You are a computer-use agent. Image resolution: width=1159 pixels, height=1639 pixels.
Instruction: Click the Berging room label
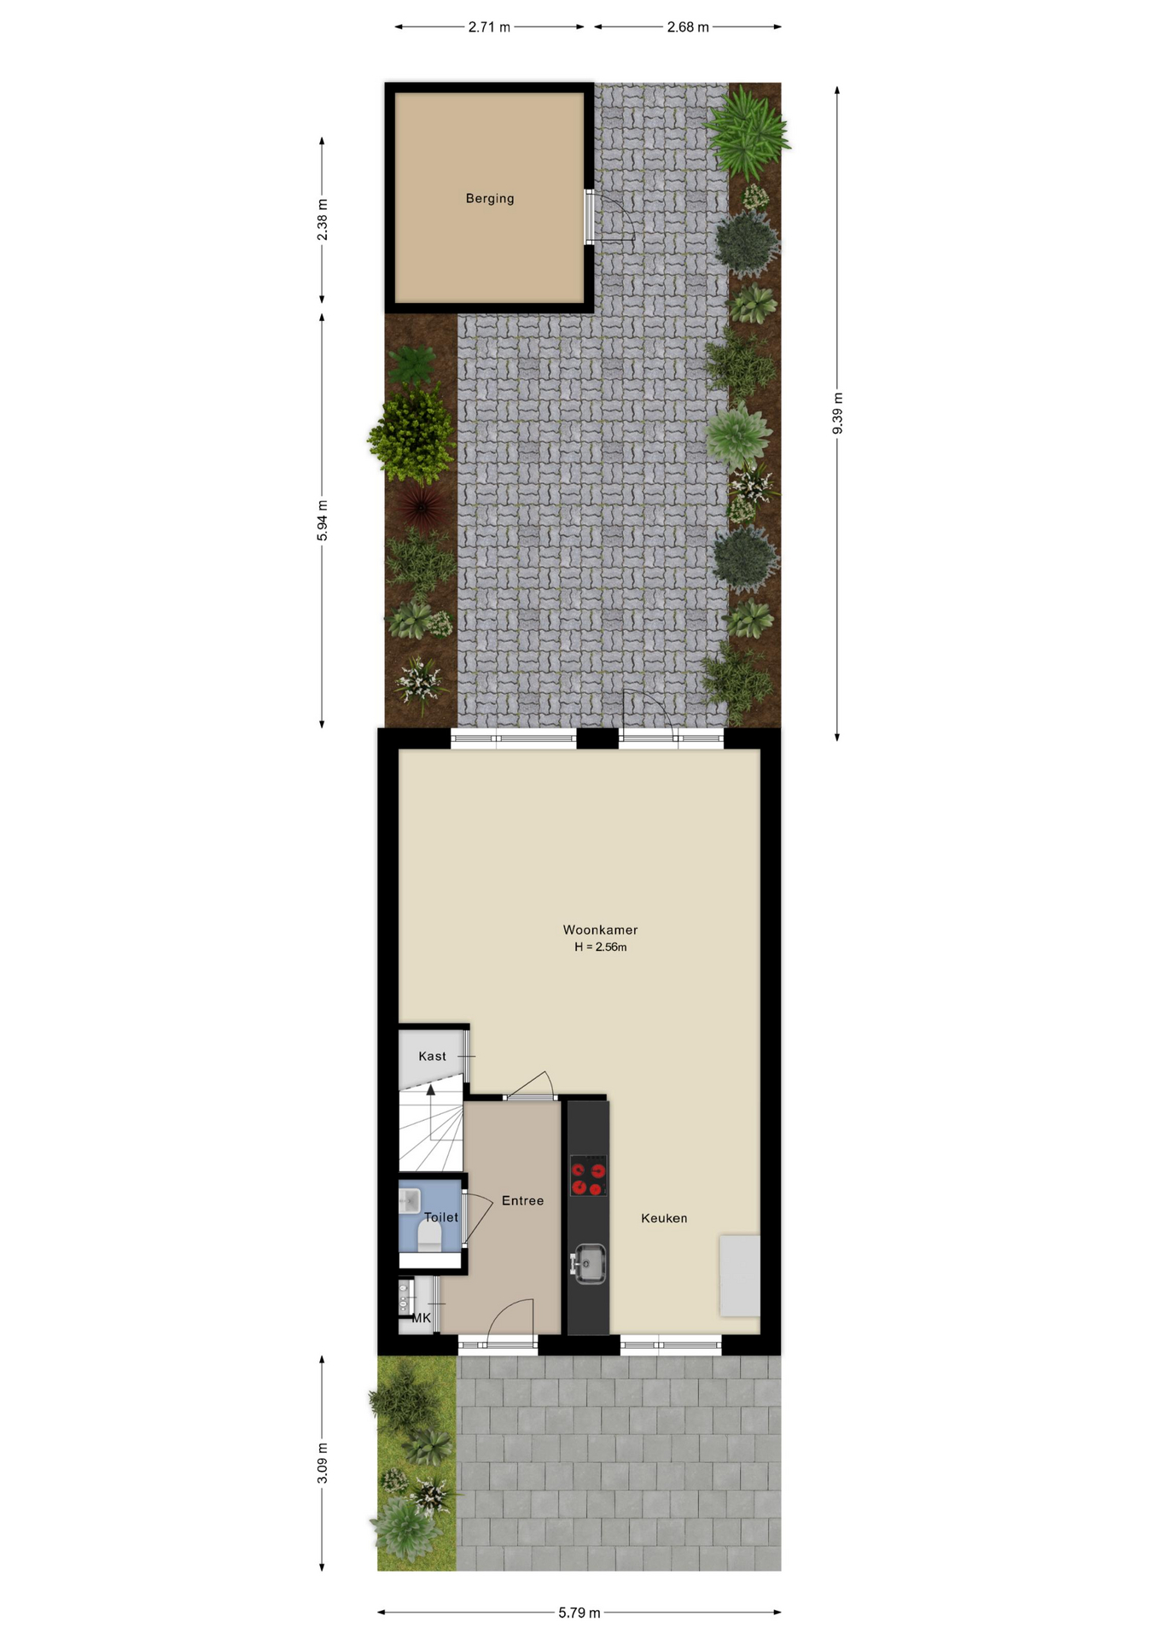490,199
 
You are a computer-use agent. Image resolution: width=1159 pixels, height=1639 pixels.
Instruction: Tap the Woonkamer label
600,930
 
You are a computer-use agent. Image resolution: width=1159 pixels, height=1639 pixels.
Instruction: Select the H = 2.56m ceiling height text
600,947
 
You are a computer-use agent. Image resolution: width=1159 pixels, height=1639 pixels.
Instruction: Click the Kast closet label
432,1056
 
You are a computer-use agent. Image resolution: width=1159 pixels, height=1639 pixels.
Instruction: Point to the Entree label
522,1200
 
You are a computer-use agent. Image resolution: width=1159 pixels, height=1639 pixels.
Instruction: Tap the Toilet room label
441,1217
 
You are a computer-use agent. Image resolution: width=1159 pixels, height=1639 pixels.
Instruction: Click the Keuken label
664,1218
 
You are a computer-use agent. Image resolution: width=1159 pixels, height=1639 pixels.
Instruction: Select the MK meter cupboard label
422,1318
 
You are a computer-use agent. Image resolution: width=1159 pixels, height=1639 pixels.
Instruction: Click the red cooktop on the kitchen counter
588,1175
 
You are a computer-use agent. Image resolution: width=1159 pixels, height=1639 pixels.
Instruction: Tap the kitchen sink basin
589,1263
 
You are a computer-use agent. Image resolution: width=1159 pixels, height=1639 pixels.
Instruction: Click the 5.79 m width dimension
579,1613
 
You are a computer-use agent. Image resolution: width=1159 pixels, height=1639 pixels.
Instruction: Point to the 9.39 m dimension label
837,413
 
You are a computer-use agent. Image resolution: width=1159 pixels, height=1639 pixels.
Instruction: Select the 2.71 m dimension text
489,27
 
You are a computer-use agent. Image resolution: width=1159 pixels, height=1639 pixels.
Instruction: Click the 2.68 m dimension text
688,27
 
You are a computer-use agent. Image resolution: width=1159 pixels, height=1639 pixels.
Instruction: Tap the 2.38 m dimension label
322,219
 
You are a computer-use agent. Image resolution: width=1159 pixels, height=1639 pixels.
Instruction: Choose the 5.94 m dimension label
322,521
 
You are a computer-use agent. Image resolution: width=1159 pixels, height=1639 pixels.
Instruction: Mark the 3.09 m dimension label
322,1463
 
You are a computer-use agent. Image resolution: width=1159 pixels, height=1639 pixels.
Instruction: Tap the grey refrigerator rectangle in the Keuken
739,1275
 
